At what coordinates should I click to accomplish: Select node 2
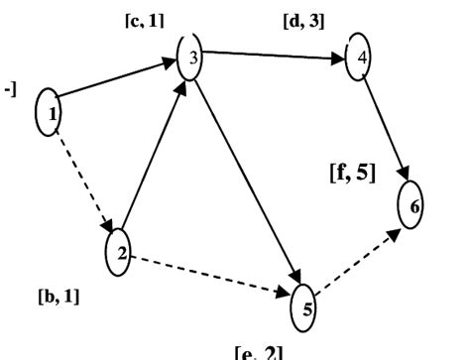118,254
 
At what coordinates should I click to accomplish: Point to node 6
412,204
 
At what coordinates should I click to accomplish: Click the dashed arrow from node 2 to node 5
210,273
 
